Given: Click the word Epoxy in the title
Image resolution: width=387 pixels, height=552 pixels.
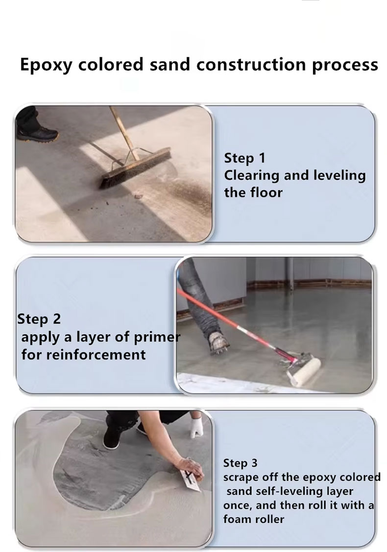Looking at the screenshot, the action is point(46,65).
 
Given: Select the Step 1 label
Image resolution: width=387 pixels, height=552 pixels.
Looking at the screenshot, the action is point(245,158).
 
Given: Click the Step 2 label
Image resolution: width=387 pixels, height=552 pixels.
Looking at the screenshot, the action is point(39,319).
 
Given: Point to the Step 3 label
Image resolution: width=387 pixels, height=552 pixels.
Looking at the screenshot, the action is point(240,463).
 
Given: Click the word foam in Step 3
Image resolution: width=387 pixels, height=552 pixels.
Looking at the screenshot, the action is point(236,519).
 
